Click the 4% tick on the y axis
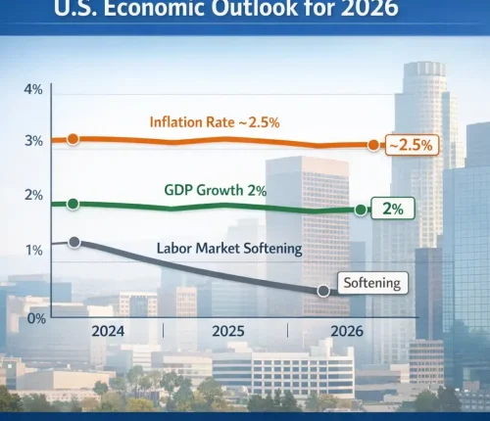click(32, 90)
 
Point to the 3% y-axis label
click(32, 141)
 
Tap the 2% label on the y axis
click(32, 195)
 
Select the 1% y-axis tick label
click(32, 250)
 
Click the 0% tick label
click(34, 318)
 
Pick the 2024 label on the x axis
click(108, 331)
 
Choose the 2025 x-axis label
click(227, 331)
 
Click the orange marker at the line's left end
click(73, 140)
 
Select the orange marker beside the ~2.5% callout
click(373, 145)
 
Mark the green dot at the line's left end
click(73, 204)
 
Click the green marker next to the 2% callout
click(361, 210)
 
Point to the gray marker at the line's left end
click(73, 241)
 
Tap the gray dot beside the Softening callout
click(323, 291)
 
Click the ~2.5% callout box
click(410, 145)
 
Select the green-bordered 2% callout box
click(392, 209)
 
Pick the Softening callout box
click(372, 283)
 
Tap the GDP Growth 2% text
click(214, 191)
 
